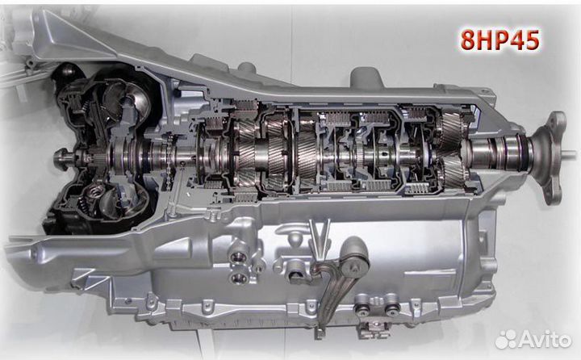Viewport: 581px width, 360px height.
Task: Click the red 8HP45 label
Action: point(499,40)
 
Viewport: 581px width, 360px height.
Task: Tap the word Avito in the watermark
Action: point(545,339)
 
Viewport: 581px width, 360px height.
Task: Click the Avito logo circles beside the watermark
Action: point(507,339)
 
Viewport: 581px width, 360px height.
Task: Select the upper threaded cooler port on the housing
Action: point(239,257)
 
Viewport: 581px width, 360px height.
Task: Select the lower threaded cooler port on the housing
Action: point(239,278)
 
